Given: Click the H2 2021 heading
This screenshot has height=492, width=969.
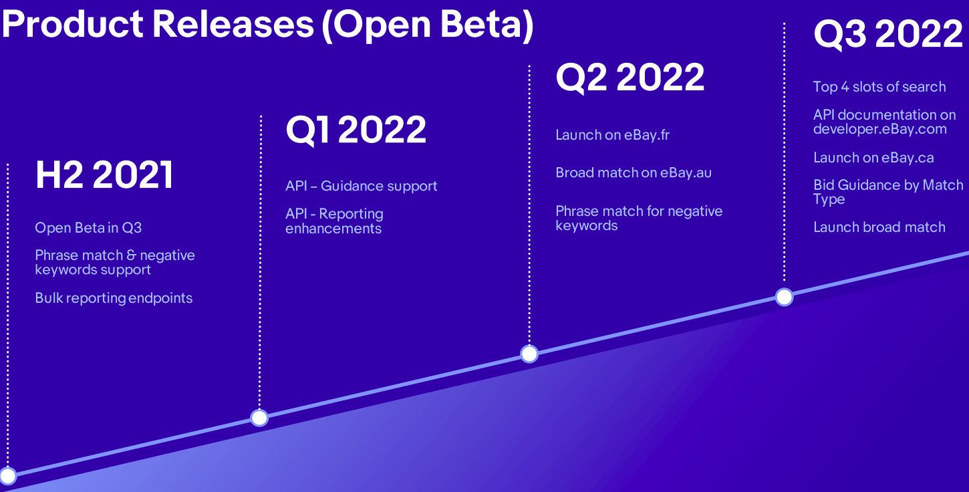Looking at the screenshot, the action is (104, 174).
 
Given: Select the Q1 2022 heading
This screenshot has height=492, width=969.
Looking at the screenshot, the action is (356, 130).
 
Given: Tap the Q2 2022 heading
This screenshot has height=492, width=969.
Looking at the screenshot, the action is (630, 78).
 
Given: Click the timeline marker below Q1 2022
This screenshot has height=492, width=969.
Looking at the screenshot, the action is (259, 418).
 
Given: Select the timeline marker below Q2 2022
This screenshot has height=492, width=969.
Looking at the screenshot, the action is (529, 354).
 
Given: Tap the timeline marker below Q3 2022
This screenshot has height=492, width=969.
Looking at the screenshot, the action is (784, 297).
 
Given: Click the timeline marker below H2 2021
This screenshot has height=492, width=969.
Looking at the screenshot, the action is (7, 475).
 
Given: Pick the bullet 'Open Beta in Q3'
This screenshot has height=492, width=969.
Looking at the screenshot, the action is (88, 227).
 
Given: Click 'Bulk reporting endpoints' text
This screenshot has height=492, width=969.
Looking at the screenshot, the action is (114, 298).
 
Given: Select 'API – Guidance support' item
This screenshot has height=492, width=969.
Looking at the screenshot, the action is (362, 186).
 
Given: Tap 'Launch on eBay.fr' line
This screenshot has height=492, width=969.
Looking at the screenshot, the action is (613, 135).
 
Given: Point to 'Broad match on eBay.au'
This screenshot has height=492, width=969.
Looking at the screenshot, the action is (634, 172).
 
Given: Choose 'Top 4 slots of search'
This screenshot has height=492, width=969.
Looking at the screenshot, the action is (879, 86).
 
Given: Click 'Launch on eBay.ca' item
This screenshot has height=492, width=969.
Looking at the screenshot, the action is (873, 158).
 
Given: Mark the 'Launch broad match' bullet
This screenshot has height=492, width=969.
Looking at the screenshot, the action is (879, 227).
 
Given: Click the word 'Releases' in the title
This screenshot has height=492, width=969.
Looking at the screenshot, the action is (233, 24).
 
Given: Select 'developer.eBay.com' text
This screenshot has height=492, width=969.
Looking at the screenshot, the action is (880, 130).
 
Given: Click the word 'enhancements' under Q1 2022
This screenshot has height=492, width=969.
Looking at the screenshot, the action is (333, 229).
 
